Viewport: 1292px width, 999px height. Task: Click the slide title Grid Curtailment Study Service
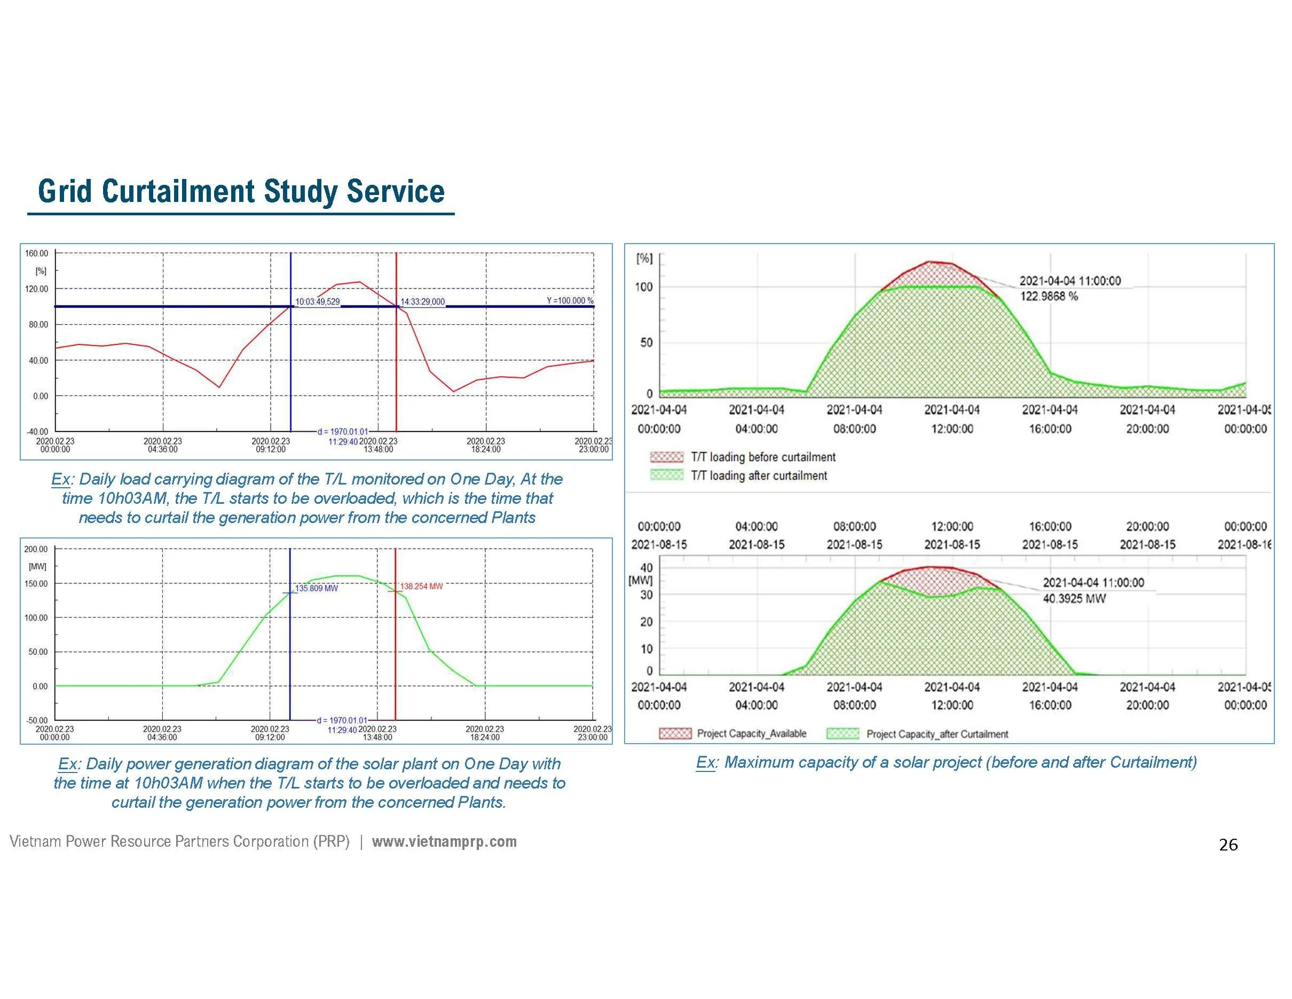tap(241, 191)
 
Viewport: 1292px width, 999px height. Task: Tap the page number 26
tap(1228, 845)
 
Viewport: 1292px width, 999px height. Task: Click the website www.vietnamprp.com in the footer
tap(444, 841)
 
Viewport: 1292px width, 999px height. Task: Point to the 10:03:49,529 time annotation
tap(318, 302)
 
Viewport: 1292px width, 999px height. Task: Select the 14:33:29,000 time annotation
tap(422, 302)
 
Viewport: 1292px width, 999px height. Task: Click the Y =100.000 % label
tap(570, 301)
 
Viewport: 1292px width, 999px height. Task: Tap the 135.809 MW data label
tap(317, 588)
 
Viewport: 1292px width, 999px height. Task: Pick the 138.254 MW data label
tap(421, 587)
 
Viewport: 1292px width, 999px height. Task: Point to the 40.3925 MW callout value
tap(1074, 598)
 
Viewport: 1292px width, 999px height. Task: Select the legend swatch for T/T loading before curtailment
tap(666, 457)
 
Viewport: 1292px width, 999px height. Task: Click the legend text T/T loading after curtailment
tap(759, 476)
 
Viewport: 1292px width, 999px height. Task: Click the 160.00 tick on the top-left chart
tap(37, 254)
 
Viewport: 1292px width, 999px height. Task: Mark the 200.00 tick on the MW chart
tap(36, 549)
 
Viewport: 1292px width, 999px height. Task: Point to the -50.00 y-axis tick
tap(37, 721)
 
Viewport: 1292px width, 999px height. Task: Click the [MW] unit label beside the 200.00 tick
tap(37, 566)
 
